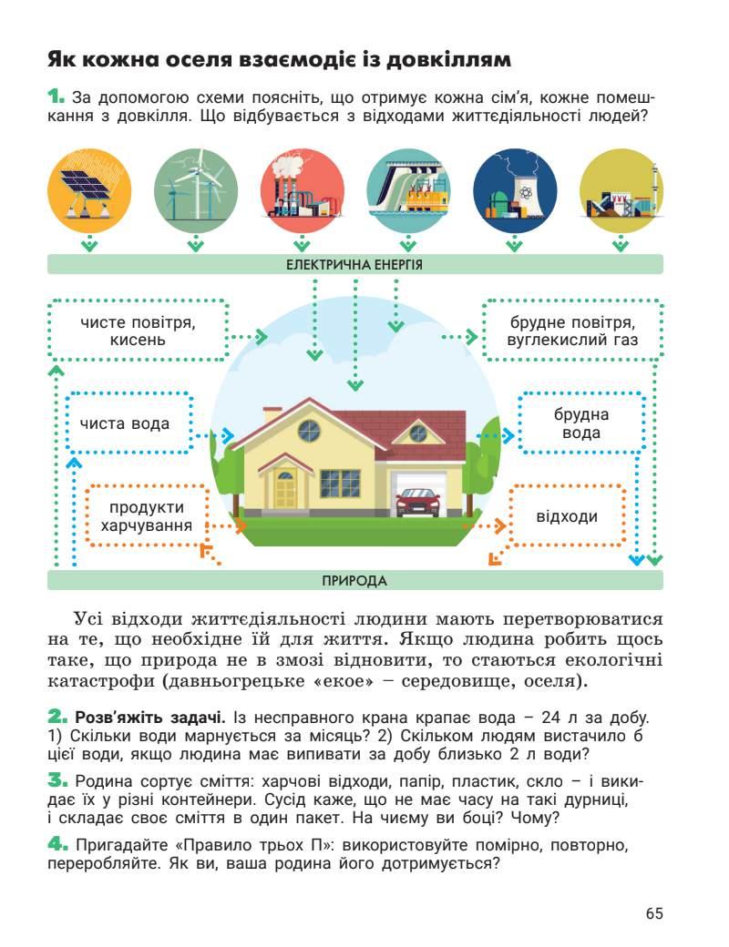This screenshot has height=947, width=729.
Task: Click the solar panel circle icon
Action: pyautogui.click(x=88, y=191)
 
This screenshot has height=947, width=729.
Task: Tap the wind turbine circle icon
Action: pyautogui.click(x=195, y=191)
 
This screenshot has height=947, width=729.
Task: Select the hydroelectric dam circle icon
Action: pyautogui.click(x=408, y=191)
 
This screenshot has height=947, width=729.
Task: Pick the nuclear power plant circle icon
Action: pyautogui.click(x=515, y=191)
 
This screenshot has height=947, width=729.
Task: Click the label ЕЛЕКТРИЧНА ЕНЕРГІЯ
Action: pyautogui.click(x=354, y=265)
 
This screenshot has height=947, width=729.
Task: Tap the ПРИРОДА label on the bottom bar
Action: pyautogui.click(x=354, y=581)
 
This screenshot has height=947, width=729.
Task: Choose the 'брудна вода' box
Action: pyautogui.click(x=581, y=423)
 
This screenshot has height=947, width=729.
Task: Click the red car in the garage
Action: pyautogui.click(x=418, y=502)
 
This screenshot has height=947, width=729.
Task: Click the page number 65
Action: pyautogui.click(x=653, y=913)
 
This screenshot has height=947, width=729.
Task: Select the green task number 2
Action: pyautogui.click(x=57, y=717)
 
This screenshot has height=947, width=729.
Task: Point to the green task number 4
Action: pyautogui.click(x=57, y=844)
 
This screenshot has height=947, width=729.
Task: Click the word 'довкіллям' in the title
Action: pyautogui.click(x=451, y=61)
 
